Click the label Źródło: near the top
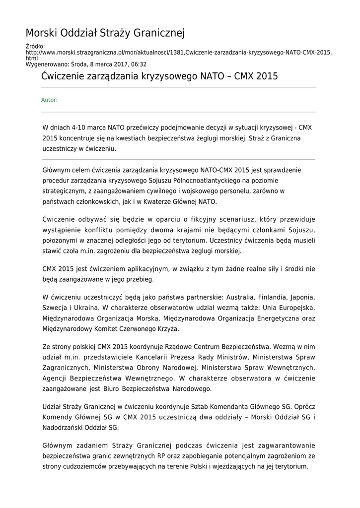(35, 47)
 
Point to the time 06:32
(139, 64)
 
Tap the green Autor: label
(49, 100)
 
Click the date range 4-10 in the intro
(80, 127)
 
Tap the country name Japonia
(302, 297)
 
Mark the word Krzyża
(168, 328)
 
